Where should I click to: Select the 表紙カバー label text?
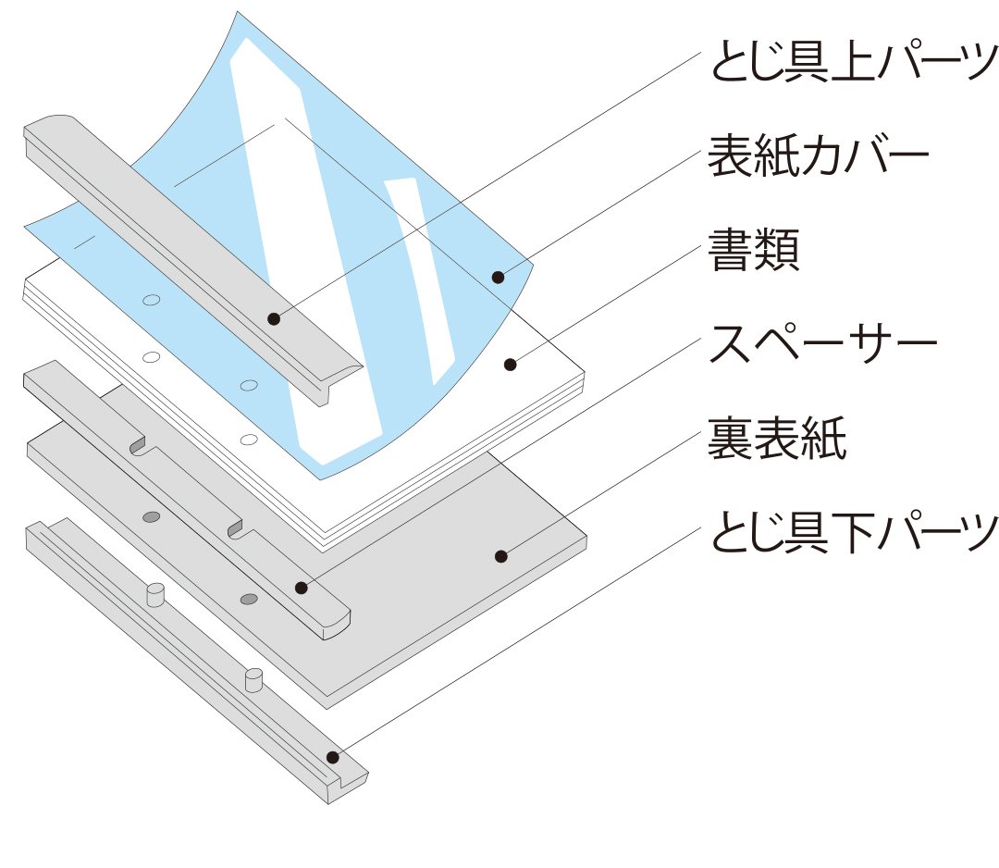818,158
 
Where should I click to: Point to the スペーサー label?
822,346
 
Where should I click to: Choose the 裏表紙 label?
776,440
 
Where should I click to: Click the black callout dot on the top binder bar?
273,319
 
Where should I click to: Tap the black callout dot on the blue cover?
498,277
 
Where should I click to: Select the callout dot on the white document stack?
510,365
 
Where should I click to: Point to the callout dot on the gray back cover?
500,556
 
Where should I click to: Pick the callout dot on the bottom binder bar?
332,757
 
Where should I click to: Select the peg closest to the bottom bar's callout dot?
253,680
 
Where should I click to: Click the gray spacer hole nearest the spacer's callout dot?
248,600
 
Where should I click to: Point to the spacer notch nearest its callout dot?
237,528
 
